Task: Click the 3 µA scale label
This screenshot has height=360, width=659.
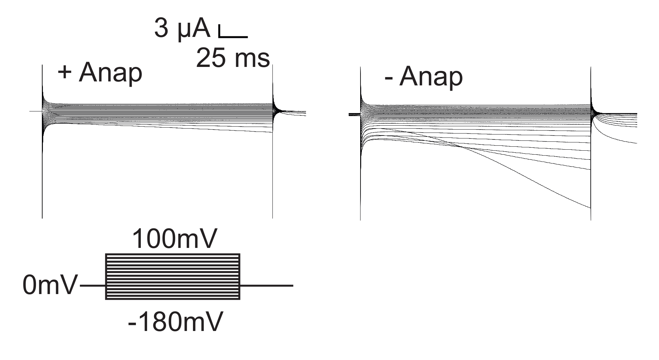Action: pos(182,29)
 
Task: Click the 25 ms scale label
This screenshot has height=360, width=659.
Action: pos(233,58)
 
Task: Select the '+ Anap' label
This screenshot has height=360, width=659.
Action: pos(100,73)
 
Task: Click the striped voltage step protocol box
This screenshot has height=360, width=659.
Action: pos(173,276)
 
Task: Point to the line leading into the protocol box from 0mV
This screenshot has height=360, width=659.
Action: pos(93,285)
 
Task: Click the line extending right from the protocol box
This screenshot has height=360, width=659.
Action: pos(266,285)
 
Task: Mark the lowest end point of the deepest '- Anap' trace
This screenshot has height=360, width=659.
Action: pos(590,208)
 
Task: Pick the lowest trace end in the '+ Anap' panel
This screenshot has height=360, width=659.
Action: pos(272,132)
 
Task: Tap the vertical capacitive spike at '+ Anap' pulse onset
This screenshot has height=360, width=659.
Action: pos(42,165)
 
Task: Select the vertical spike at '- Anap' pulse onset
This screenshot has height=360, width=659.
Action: pos(360,181)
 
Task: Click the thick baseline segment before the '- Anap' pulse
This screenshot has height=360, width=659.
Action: pos(354,114)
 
